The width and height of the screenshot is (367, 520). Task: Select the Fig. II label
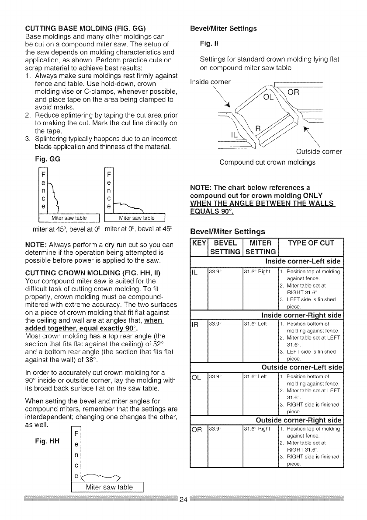[205, 44]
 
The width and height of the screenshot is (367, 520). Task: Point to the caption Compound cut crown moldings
[267, 162]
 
